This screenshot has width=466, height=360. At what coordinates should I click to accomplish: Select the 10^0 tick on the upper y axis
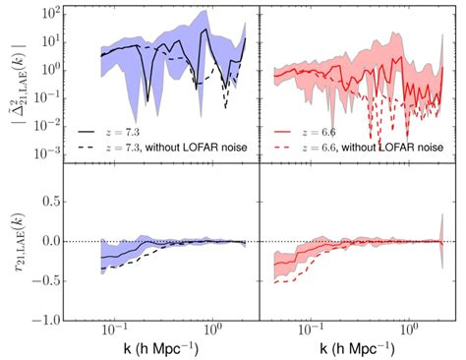click(48, 67)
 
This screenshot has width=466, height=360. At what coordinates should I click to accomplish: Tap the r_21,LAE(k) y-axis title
click(17, 240)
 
